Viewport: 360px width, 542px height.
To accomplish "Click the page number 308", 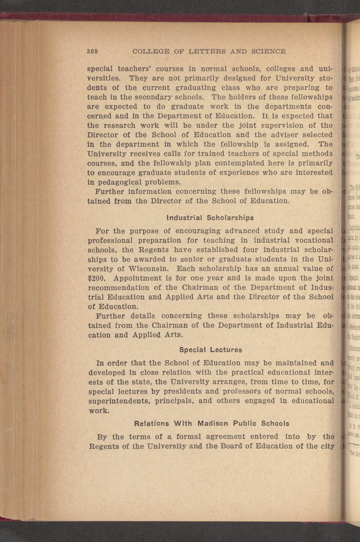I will pyautogui.click(x=92, y=51).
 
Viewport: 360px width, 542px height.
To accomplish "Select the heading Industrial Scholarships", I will pyautogui.click(x=210, y=218).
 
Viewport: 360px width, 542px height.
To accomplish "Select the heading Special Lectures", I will pyautogui.click(x=211, y=350).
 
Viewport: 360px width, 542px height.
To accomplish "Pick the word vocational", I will pyautogui.click(x=309, y=240).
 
